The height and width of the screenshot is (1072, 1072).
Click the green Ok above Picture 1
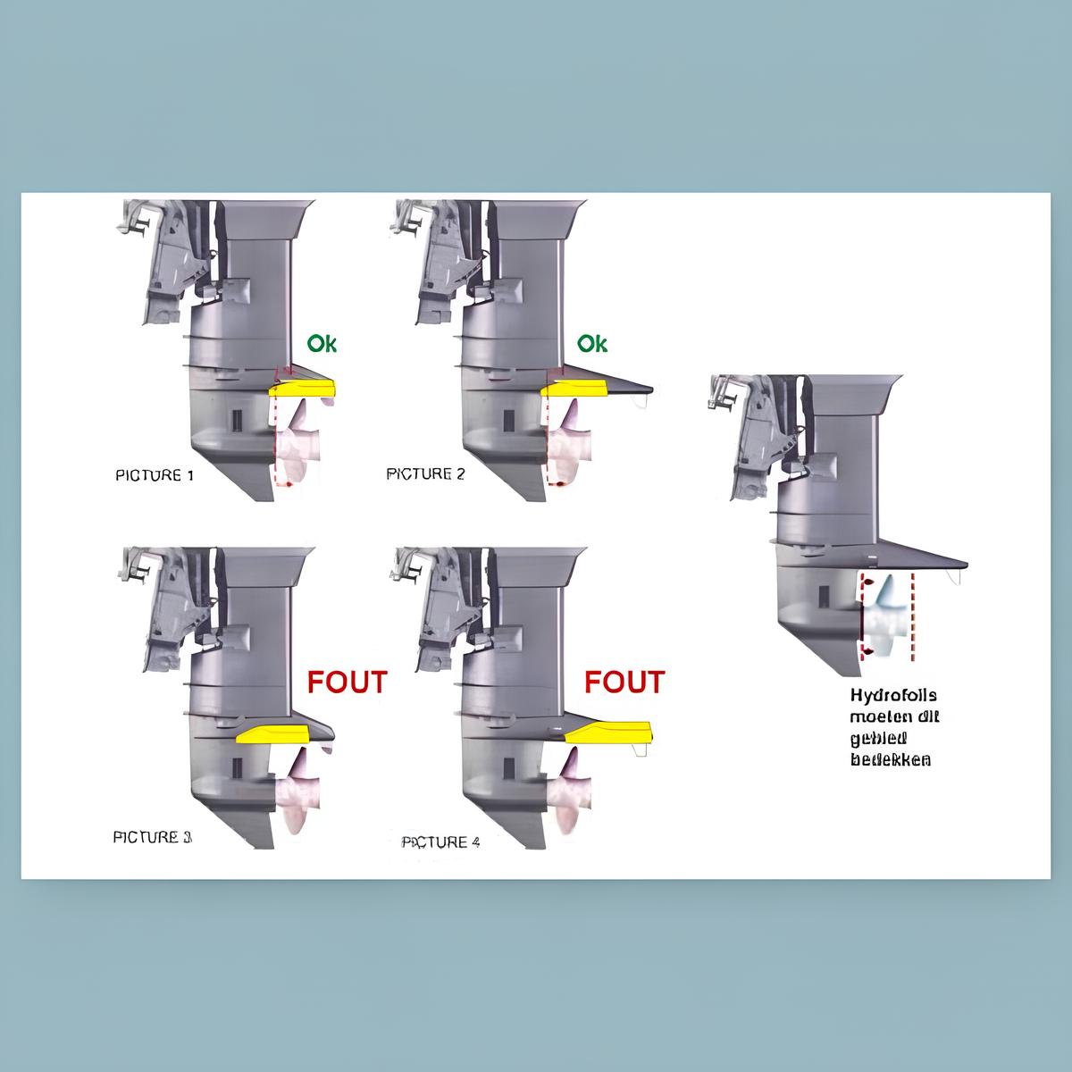tap(322, 343)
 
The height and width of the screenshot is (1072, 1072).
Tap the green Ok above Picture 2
tap(592, 343)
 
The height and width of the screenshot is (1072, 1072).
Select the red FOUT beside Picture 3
tap(348, 682)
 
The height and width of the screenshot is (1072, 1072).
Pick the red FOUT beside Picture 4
tap(624, 682)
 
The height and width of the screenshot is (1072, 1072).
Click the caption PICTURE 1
tap(155, 475)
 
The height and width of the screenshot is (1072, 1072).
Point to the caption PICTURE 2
tap(425, 474)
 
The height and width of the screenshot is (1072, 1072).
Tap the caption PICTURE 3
tap(152, 837)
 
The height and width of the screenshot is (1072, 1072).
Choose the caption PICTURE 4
tap(441, 842)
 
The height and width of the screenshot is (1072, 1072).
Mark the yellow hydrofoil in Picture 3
tap(272, 734)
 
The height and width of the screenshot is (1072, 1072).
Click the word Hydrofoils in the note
tap(893, 695)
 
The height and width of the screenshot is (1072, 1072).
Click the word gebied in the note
tap(878, 738)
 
